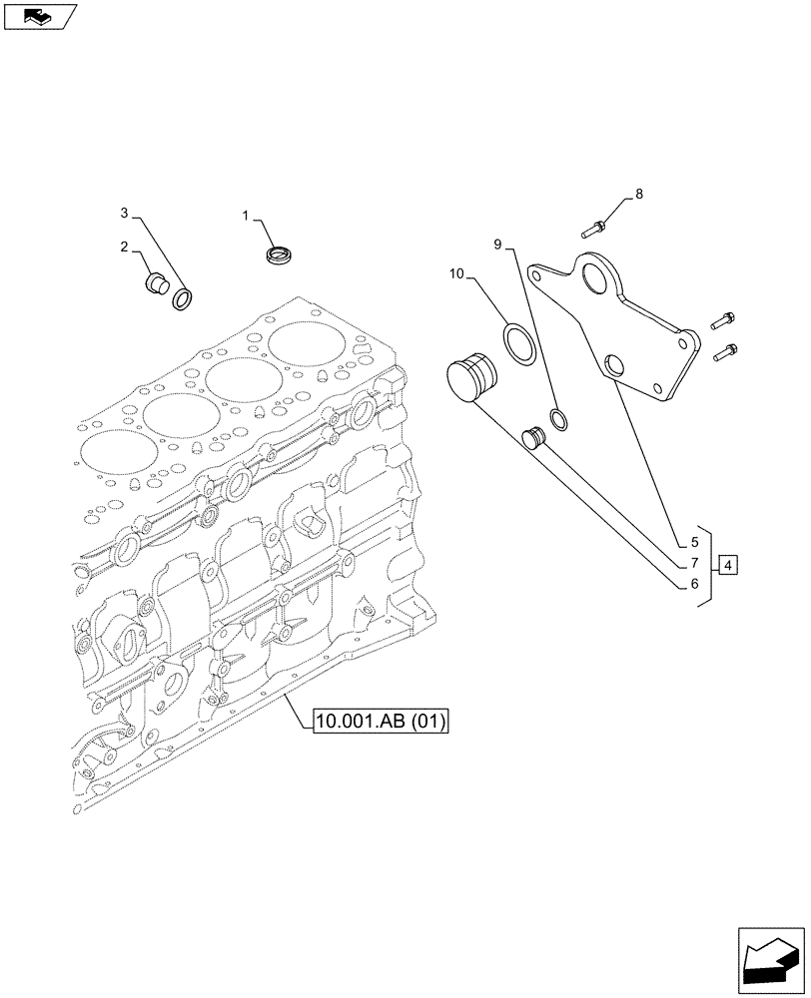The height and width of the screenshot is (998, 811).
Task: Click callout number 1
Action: pos(247,215)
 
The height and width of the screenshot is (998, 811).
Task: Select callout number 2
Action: pos(125,247)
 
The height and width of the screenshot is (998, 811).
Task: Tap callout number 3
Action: pos(125,213)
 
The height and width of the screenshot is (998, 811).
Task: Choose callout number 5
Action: pos(693,544)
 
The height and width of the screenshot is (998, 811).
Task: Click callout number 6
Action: pos(693,585)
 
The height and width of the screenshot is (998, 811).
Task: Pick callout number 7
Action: pos(693,564)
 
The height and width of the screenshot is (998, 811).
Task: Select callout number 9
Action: pos(496,243)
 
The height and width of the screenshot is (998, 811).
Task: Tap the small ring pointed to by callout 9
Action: pos(560,419)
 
